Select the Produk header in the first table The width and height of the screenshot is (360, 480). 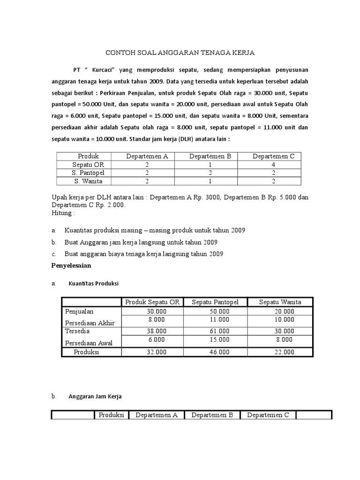coord(88,156)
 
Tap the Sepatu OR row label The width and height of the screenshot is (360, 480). coord(88,165)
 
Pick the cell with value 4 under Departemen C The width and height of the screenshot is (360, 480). coord(273,165)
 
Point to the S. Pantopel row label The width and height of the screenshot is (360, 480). coord(88,172)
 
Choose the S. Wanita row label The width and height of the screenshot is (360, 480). coord(88,181)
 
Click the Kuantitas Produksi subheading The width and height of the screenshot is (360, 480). coord(94,284)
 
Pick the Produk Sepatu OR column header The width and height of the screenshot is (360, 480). coord(153,302)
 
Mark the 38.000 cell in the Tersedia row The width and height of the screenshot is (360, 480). coord(156,330)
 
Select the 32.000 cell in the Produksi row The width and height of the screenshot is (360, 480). coord(156,352)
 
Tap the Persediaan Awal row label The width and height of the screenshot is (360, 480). coord(87,343)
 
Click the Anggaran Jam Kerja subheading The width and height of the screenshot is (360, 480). coord(95,397)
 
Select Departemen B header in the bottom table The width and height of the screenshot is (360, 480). coord(212,415)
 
